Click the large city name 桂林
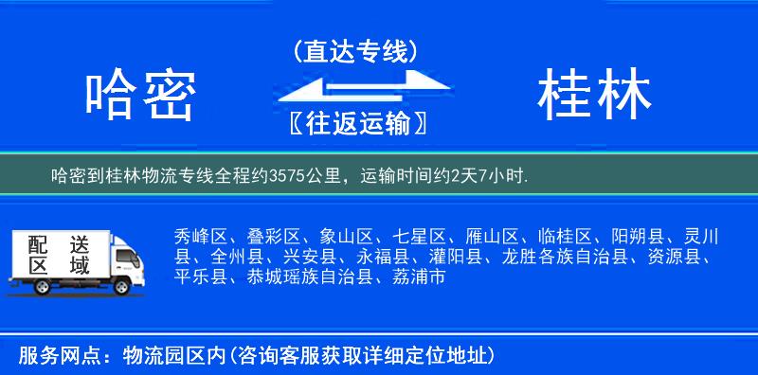coord(594,95)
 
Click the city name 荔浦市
coord(417,277)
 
